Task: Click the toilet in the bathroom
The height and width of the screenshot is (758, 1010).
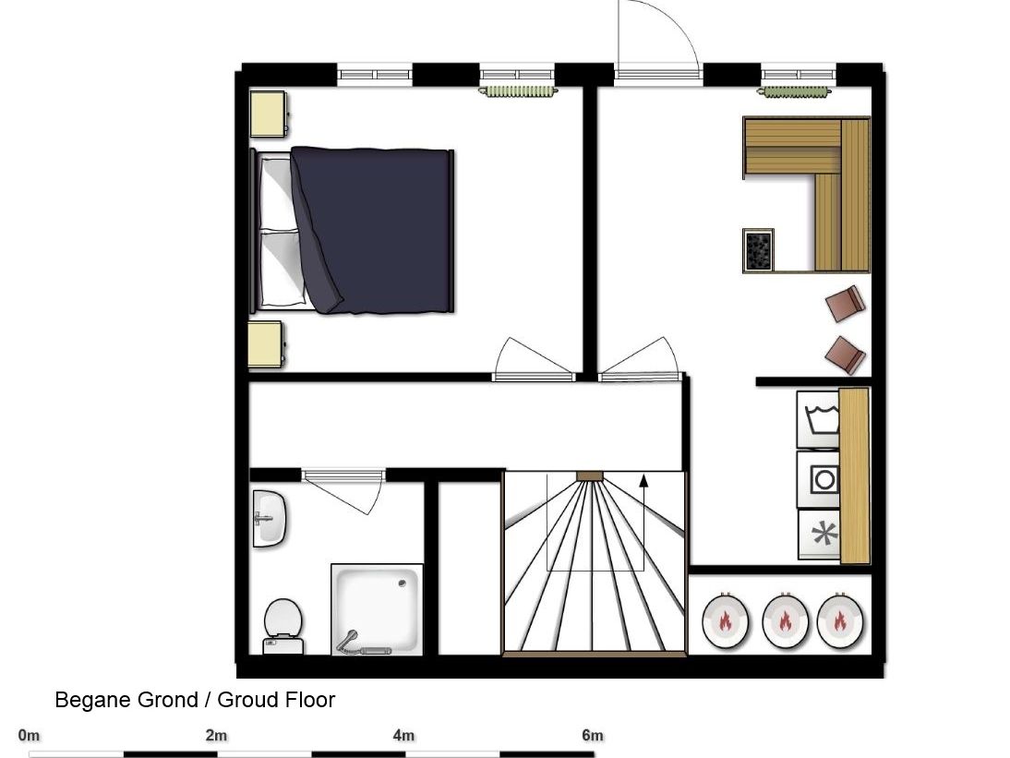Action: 283,627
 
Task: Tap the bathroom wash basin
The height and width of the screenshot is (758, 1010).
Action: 270,519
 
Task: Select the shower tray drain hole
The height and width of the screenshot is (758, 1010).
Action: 403,583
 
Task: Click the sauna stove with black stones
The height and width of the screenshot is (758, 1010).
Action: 758,250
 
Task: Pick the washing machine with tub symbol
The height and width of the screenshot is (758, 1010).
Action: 818,419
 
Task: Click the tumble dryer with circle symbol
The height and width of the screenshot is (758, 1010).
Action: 818,479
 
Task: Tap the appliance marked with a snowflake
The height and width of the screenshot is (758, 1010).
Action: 819,535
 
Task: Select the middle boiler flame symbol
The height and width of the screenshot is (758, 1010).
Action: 785,621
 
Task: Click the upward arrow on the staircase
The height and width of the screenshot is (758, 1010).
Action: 643,522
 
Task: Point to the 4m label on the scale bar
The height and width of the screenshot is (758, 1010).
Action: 403,735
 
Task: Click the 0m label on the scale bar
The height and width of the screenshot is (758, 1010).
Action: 29,735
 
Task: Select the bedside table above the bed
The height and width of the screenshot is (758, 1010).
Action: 268,114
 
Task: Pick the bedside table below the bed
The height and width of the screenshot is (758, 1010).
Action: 266,344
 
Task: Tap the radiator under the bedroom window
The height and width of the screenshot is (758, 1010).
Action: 518,91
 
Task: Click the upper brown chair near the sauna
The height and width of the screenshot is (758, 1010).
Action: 845,304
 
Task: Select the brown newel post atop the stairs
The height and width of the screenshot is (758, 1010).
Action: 589,475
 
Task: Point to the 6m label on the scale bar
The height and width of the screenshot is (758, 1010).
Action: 593,735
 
